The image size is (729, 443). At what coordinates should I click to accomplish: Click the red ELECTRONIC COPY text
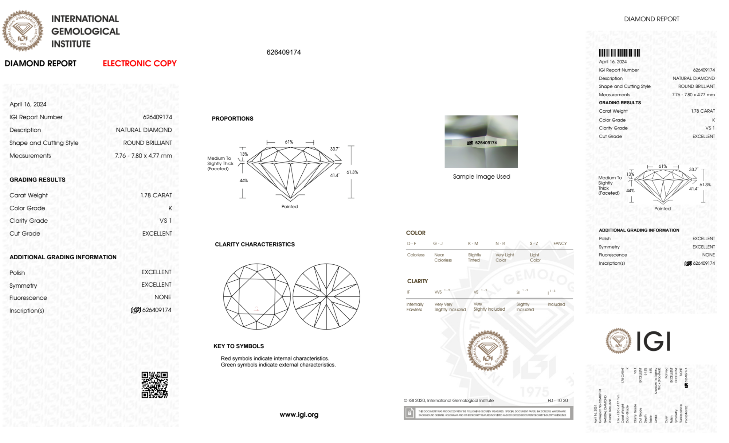click(x=140, y=63)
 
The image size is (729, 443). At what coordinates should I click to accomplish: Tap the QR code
click(x=154, y=385)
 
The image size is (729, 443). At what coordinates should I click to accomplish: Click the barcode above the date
click(x=619, y=53)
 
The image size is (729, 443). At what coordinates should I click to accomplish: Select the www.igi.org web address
click(x=299, y=415)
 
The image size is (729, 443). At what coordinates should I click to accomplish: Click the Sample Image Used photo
click(x=481, y=141)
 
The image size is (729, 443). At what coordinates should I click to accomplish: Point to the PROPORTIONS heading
click(x=232, y=118)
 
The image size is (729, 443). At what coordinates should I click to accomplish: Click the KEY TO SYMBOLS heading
click(x=239, y=346)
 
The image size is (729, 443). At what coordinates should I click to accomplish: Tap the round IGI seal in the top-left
click(x=23, y=31)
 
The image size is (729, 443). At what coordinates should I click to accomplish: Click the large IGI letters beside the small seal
click(x=654, y=341)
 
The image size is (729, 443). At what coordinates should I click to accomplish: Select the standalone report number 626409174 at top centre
click(x=283, y=52)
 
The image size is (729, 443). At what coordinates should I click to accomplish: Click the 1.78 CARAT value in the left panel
click(x=156, y=195)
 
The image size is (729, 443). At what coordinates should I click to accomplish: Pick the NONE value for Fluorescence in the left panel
click(x=162, y=297)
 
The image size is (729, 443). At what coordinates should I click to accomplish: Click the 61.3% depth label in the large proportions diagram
click(x=352, y=172)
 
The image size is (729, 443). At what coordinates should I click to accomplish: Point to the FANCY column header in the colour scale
click(x=560, y=243)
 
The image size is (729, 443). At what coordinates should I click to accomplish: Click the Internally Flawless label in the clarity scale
click(x=415, y=307)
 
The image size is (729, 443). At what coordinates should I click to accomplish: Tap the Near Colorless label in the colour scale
click(x=443, y=257)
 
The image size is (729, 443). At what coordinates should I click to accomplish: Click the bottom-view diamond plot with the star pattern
click(x=326, y=296)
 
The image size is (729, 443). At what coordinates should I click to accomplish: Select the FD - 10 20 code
click(x=557, y=400)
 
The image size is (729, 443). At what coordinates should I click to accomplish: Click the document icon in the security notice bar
click(x=409, y=413)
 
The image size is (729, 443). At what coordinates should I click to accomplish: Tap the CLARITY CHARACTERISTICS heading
click(x=255, y=244)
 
